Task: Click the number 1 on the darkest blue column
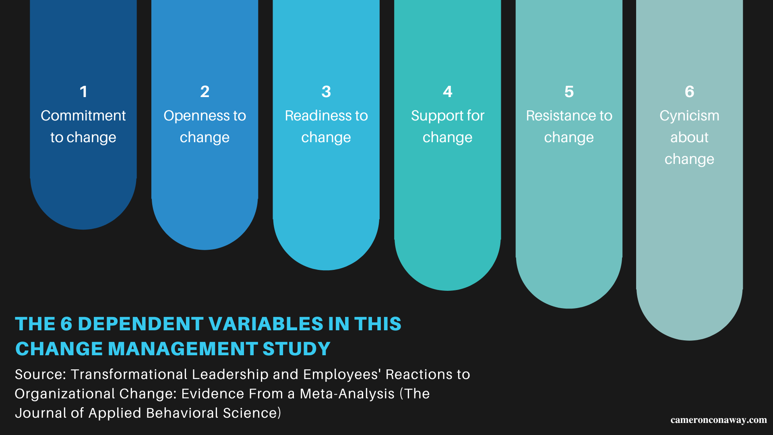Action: [83, 92]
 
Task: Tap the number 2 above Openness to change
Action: [205, 92]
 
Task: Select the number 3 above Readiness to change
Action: [326, 92]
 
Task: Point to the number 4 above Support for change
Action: [447, 92]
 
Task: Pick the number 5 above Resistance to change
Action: [569, 92]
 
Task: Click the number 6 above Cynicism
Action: [689, 92]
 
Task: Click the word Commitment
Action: [83, 116]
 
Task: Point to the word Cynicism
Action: [689, 116]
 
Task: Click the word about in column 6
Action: [689, 137]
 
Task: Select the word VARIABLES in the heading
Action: [266, 324]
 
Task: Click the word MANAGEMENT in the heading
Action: [183, 349]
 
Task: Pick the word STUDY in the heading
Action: [296, 349]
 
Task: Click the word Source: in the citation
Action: [40, 375]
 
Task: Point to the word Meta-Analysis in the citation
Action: [347, 394]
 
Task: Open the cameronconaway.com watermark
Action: [718, 420]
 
